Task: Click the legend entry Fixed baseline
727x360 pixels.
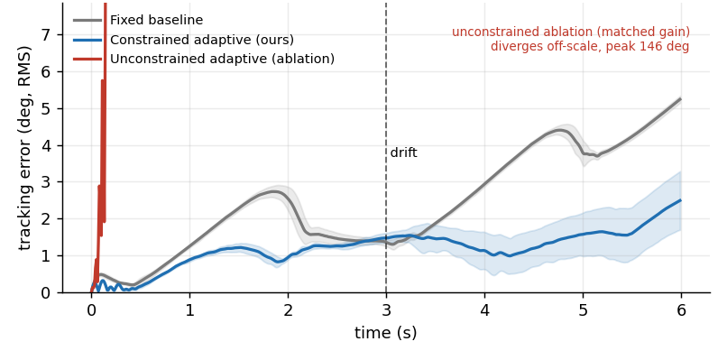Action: (x=156, y=21)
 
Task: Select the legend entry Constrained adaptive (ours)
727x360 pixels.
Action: (x=202, y=40)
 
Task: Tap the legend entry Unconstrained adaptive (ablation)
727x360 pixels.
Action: (x=222, y=60)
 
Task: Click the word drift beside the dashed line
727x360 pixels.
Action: (x=403, y=152)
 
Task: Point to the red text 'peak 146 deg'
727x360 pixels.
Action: (x=649, y=47)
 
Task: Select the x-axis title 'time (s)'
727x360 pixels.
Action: (x=386, y=333)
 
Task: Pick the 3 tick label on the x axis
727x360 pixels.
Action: (x=386, y=310)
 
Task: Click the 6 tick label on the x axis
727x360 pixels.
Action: (x=681, y=310)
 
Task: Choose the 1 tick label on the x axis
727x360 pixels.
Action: (x=189, y=310)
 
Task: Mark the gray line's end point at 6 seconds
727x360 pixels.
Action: (x=681, y=99)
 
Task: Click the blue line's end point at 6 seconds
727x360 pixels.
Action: (x=681, y=200)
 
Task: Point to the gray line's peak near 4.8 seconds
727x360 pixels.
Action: (x=560, y=130)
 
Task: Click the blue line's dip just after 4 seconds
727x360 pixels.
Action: (x=510, y=255)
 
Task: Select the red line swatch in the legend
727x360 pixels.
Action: (x=87, y=60)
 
